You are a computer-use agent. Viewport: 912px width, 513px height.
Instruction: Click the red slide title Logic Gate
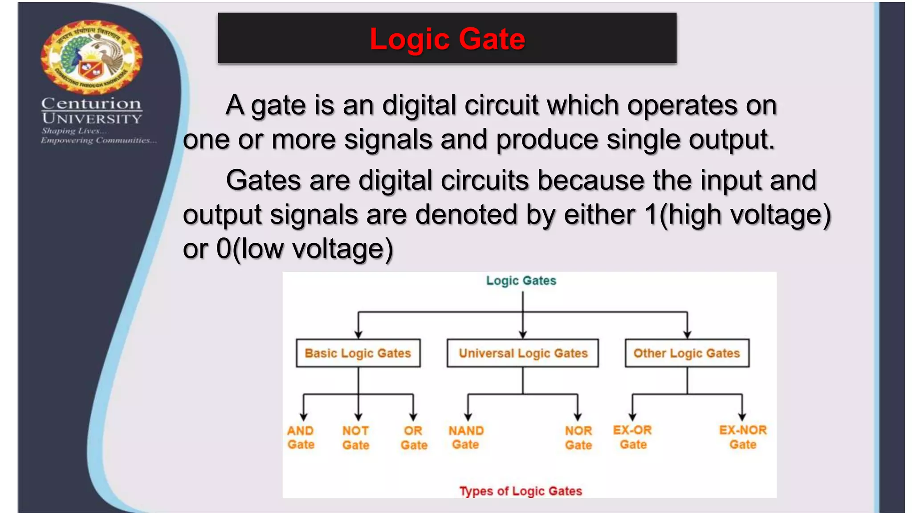click(x=447, y=39)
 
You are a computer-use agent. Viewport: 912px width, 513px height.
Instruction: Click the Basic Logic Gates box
click(x=358, y=353)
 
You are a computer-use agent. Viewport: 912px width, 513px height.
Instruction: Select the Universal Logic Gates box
click(x=523, y=353)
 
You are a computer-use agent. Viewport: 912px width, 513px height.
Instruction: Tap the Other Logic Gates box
click(x=687, y=353)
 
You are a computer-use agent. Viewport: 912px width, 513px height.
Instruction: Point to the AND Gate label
click(x=301, y=437)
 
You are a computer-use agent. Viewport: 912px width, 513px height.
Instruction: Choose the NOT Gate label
click(x=356, y=438)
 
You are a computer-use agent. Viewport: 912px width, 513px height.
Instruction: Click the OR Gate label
click(x=414, y=438)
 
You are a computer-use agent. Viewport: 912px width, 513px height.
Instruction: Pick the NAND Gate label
click(x=466, y=437)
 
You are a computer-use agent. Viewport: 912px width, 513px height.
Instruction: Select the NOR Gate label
click(x=578, y=438)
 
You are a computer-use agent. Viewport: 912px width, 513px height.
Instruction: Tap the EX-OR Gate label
click(x=632, y=437)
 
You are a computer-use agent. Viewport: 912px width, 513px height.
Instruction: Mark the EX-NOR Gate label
click(x=743, y=437)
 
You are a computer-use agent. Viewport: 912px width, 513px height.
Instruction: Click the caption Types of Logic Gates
click(x=521, y=491)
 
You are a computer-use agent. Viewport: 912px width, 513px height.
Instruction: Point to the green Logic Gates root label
click(x=521, y=281)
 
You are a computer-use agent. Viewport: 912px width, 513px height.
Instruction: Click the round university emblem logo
click(x=92, y=57)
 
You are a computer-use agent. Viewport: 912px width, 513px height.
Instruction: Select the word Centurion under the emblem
click(x=91, y=104)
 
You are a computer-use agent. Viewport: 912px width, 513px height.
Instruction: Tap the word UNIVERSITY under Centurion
click(x=92, y=119)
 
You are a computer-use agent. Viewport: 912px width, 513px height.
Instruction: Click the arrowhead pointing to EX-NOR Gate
click(x=742, y=417)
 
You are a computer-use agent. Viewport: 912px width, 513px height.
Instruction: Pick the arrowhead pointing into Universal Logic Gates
click(x=523, y=334)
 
